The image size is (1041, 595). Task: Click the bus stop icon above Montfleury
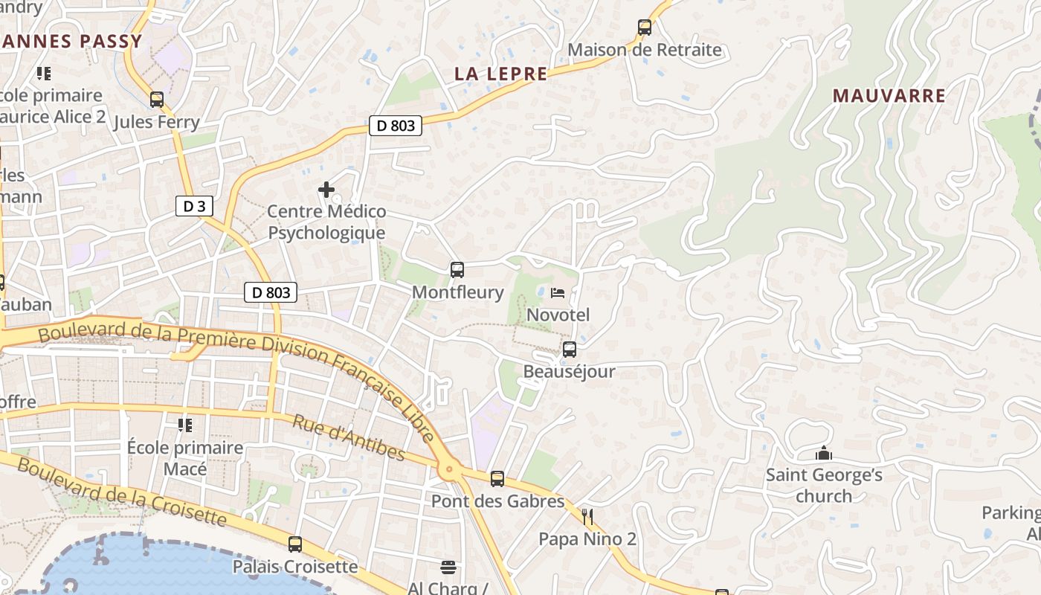point(457,270)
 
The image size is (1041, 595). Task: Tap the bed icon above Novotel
point(558,292)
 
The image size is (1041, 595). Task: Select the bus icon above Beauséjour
point(570,349)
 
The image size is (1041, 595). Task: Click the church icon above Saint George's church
point(824,453)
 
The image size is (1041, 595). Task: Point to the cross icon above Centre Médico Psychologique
point(326,190)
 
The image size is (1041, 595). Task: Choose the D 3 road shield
point(194,206)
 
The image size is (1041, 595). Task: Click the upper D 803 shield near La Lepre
point(396,126)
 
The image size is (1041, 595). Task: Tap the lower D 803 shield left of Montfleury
point(271,292)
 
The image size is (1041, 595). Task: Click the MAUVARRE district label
point(889,95)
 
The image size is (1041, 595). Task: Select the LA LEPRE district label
point(500,74)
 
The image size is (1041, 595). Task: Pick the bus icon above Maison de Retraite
point(645,28)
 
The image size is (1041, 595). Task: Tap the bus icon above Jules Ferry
point(157,99)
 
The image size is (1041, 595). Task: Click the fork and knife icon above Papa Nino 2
point(587,516)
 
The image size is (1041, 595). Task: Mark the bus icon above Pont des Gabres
point(497,479)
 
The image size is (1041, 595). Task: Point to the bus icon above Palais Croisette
point(295,544)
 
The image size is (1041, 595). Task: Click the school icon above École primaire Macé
point(185,425)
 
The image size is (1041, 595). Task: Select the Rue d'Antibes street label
point(348,437)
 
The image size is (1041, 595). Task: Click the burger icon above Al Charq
point(448,567)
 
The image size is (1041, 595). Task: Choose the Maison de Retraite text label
point(645,50)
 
